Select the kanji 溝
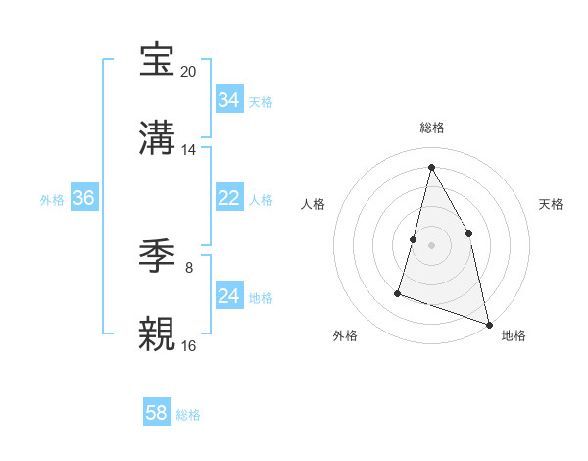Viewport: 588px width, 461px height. [x=159, y=138]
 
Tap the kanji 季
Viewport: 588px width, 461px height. [x=159, y=256]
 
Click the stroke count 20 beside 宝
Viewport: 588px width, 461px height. [x=189, y=72]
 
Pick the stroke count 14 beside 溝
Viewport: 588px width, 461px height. [x=189, y=150]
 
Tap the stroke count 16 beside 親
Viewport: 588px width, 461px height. [x=189, y=346]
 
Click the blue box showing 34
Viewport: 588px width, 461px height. [x=228, y=100]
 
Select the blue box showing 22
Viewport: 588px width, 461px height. [x=228, y=198]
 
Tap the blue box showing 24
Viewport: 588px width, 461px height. [x=228, y=296]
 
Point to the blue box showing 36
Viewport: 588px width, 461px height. [x=83, y=198]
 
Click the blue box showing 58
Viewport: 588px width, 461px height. [x=157, y=413]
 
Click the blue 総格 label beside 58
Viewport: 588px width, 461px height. [x=188, y=415]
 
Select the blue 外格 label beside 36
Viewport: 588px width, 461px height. [x=52, y=200]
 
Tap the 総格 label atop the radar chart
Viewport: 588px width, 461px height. [x=431, y=128]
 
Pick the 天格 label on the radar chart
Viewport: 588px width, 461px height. [x=552, y=204]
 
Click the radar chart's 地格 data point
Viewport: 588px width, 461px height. [x=488, y=324]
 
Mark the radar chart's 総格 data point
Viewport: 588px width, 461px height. [x=431, y=167]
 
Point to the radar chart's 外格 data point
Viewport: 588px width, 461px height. [x=398, y=292]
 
